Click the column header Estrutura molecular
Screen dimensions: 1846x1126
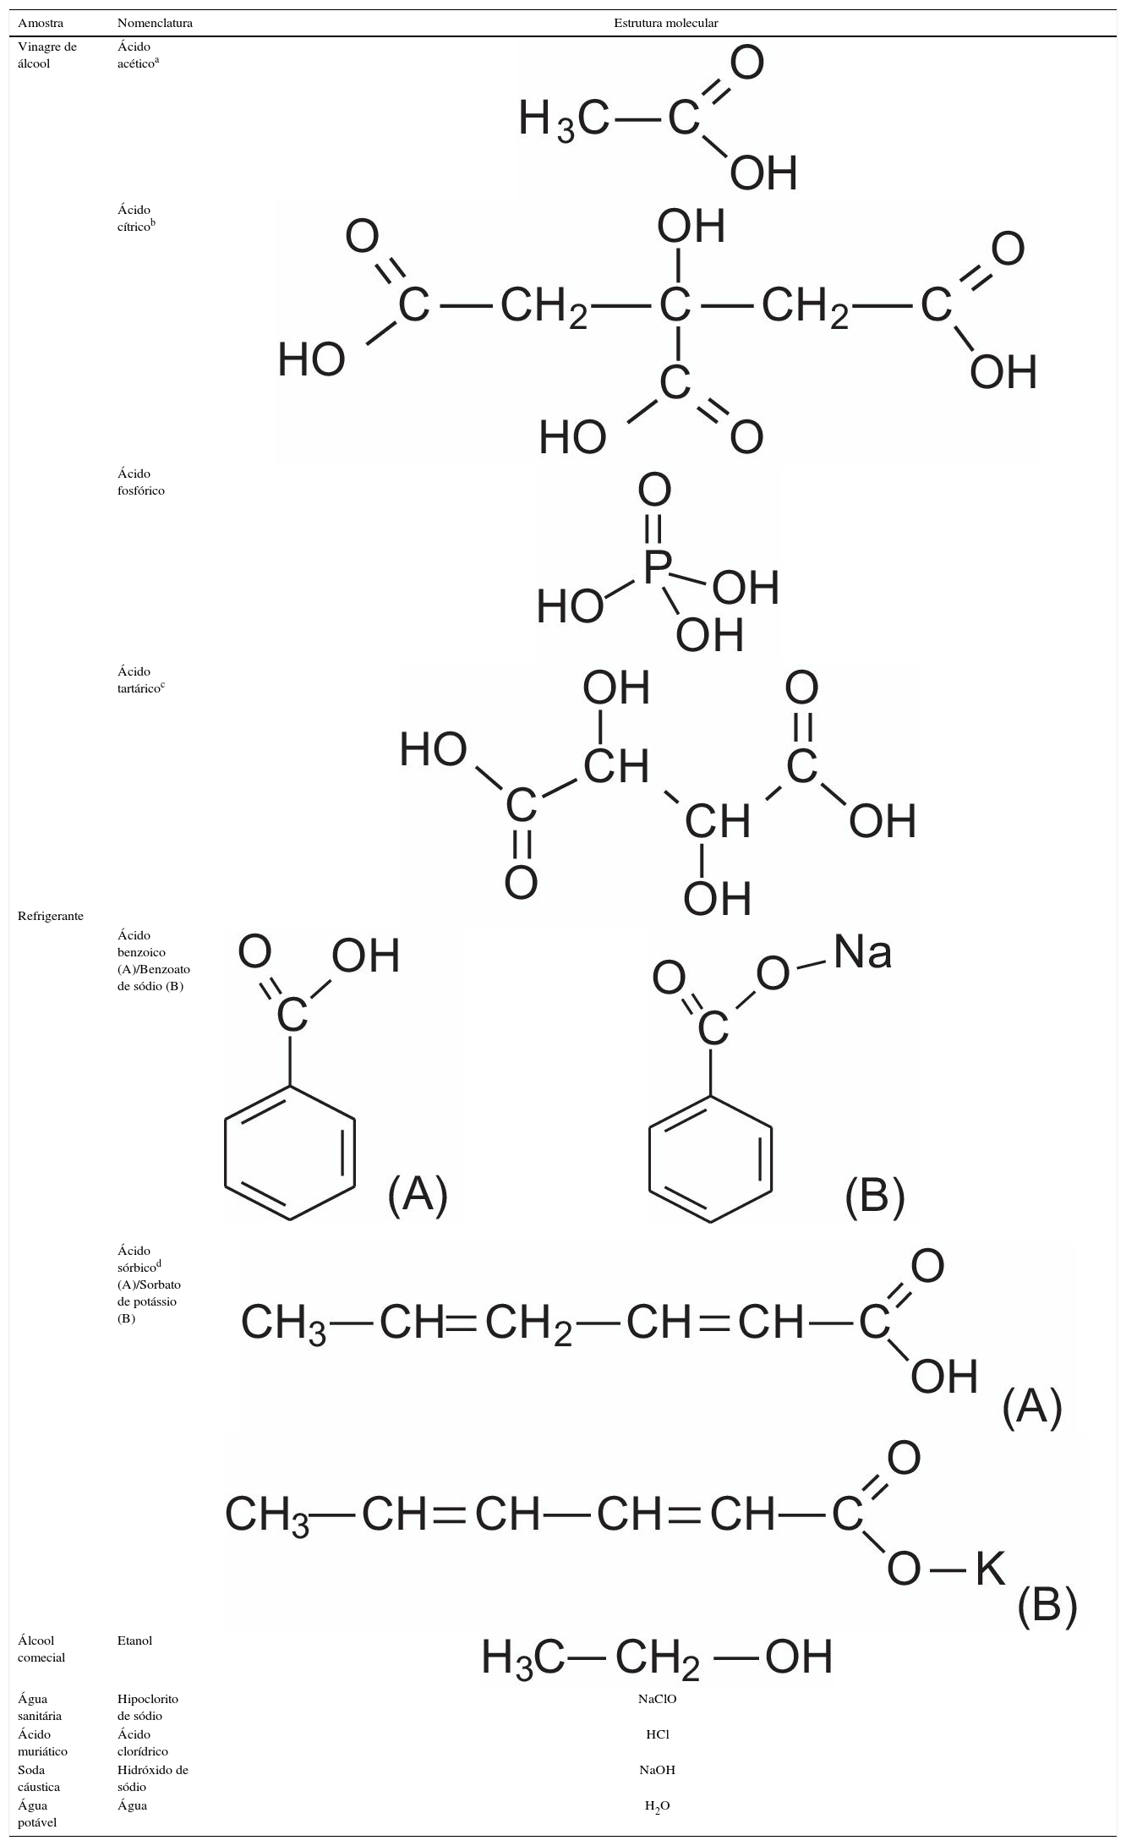coord(665,24)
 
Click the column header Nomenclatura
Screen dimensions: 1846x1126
coord(155,24)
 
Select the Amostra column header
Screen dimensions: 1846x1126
coord(41,24)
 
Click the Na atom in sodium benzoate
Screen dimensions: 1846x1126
coord(862,953)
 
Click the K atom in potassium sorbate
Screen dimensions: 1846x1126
coord(991,1570)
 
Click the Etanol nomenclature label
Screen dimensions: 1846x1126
coord(134,1640)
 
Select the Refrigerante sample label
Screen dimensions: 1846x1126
coord(51,916)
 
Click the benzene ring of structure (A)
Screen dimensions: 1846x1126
coord(290,1153)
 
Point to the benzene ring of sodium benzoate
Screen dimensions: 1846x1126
coord(710,1159)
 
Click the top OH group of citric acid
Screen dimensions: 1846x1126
coord(691,226)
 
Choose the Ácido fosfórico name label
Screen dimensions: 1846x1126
coord(141,482)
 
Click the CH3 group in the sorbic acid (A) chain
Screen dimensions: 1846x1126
coord(283,1323)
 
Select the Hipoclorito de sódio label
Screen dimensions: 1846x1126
coord(147,1706)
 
